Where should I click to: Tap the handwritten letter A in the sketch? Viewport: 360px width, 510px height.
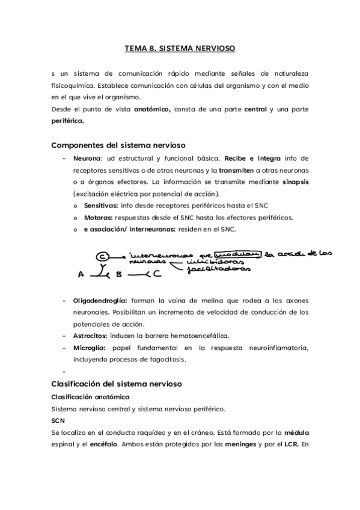(81, 275)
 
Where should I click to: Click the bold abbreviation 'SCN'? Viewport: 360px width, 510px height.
(58, 420)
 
